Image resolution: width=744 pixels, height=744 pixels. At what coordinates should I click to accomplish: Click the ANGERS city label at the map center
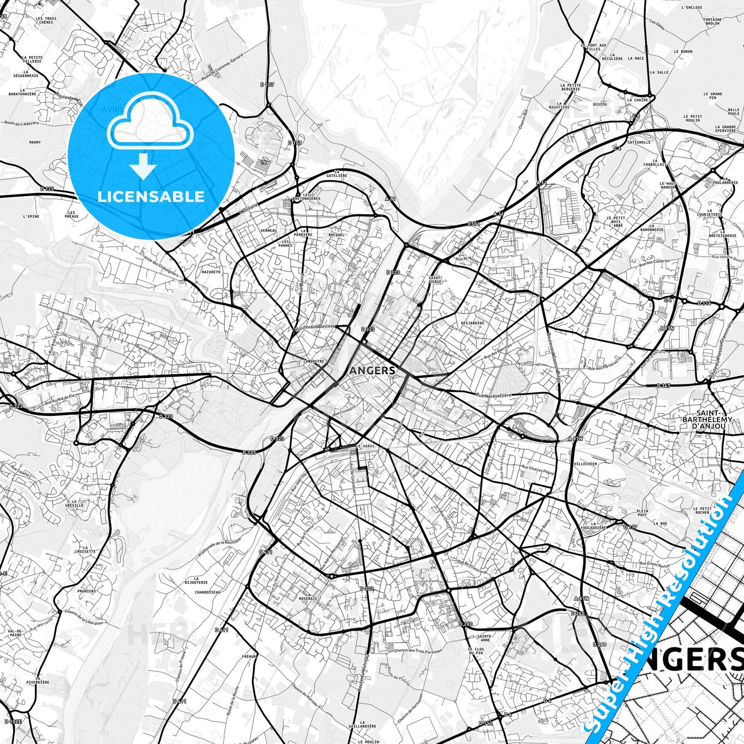(x=372, y=370)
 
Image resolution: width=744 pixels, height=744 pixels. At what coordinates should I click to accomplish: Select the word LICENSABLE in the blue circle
(x=151, y=197)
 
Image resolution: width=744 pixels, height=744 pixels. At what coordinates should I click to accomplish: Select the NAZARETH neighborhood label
(x=211, y=271)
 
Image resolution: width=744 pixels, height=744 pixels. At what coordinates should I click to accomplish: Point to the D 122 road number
(x=47, y=189)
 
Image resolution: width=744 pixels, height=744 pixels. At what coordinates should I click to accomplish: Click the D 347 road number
(x=664, y=386)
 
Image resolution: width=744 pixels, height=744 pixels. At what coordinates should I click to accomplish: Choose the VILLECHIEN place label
(x=585, y=464)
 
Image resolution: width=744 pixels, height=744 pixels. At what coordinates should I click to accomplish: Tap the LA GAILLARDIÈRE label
(x=367, y=725)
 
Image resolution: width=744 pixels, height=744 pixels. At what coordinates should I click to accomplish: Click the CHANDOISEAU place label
(x=208, y=592)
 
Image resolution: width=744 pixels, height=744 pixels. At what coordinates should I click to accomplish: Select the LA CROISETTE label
(x=85, y=549)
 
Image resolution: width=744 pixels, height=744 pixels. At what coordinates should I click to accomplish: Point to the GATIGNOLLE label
(x=640, y=142)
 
